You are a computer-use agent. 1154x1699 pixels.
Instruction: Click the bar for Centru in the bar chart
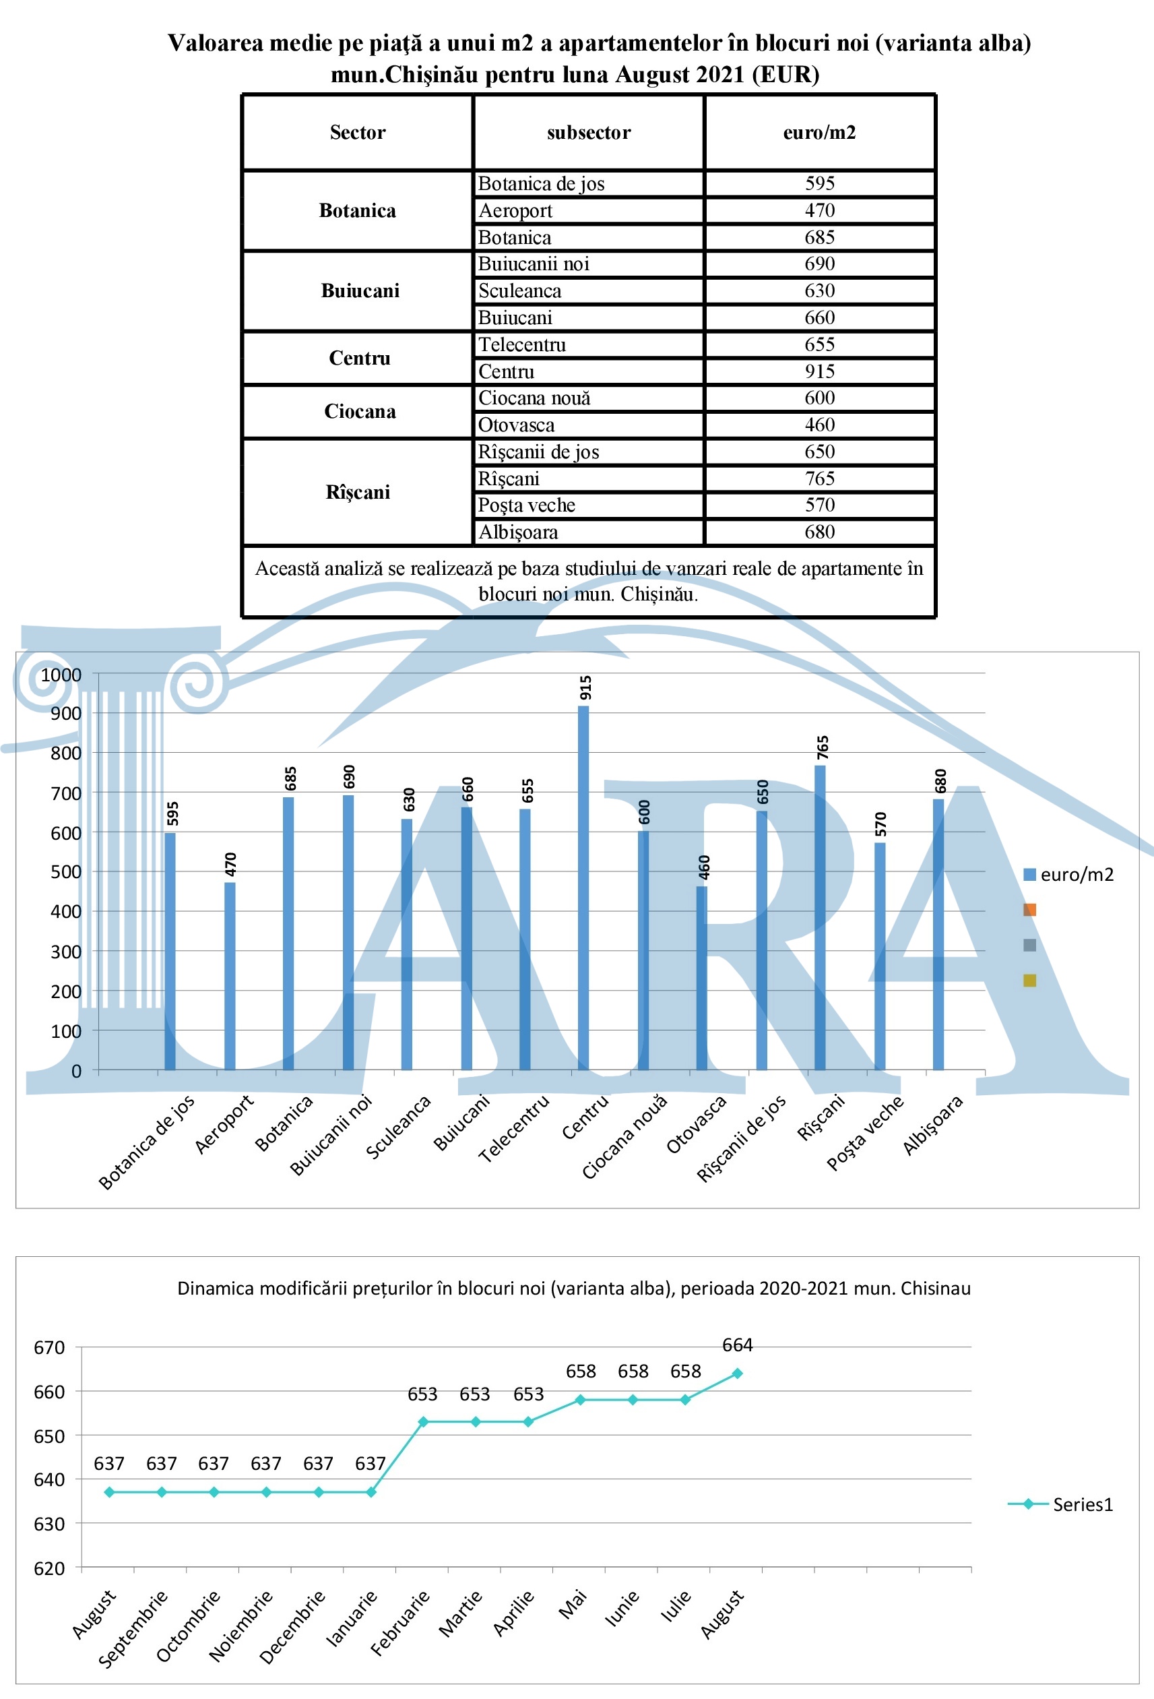click(583, 888)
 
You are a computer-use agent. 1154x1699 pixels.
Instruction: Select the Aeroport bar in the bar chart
click(230, 976)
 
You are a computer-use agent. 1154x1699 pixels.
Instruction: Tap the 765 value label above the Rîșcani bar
click(823, 747)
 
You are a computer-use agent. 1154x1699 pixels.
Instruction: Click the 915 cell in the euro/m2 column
click(819, 371)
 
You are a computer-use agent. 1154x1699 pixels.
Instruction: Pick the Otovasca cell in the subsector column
click(516, 425)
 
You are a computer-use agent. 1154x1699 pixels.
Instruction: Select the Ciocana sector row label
click(360, 412)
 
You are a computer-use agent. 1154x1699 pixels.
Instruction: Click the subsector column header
click(588, 132)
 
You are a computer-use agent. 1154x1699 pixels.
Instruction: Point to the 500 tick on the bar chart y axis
click(66, 871)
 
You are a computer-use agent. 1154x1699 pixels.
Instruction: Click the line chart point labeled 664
click(738, 1373)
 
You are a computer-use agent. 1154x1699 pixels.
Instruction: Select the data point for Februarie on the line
click(423, 1422)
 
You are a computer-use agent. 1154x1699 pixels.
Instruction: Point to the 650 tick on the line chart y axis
click(50, 1435)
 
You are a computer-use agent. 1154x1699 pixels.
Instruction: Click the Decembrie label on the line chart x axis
click(292, 1616)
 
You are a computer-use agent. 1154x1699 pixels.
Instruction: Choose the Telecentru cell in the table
click(522, 344)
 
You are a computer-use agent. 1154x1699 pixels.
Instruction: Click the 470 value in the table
click(819, 210)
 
